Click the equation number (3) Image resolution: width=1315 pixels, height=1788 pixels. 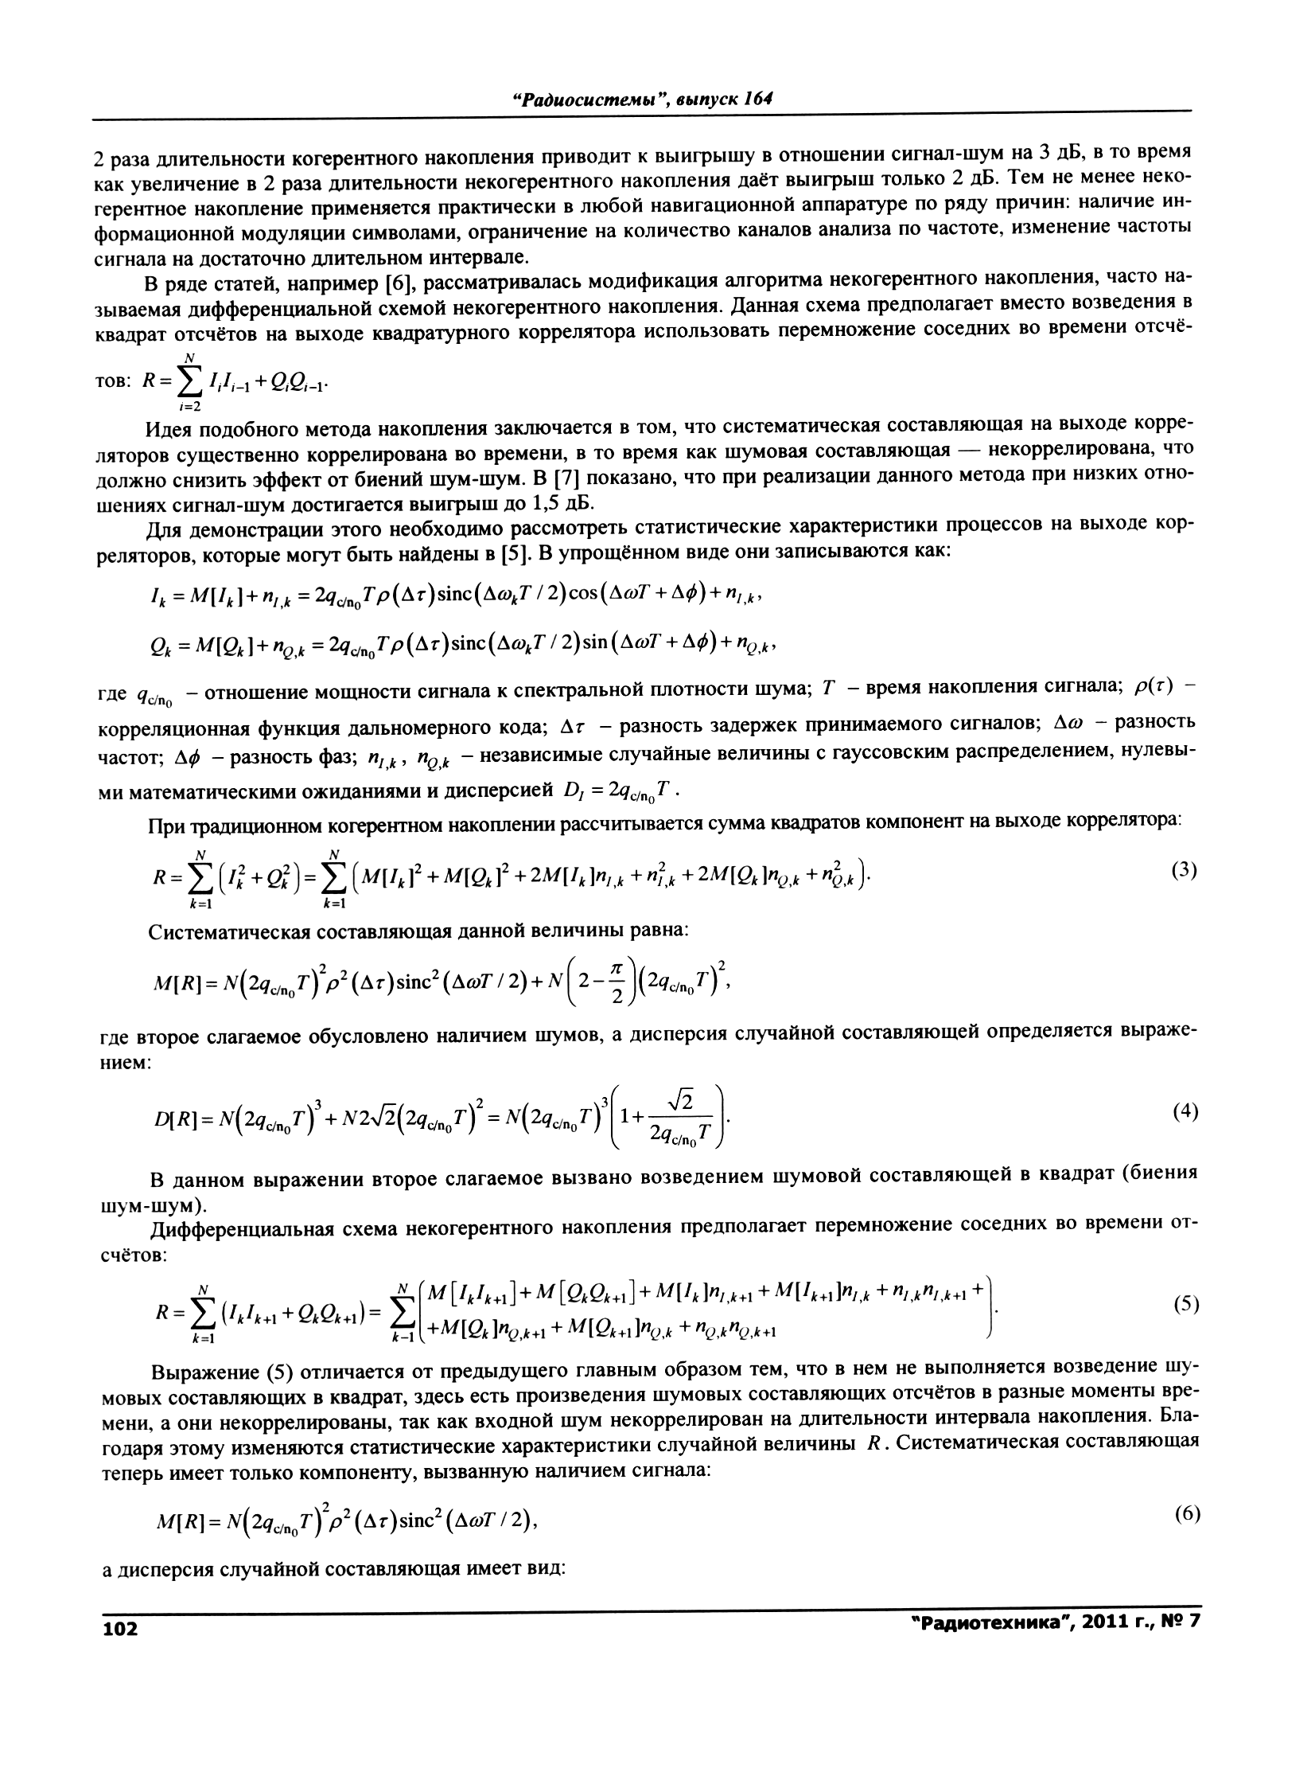(1185, 870)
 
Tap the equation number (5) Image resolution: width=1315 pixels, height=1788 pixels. (1186, 1305)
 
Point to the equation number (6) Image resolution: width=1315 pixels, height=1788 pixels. (1187, 1515)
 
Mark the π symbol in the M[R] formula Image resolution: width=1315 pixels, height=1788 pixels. (621, 969)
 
